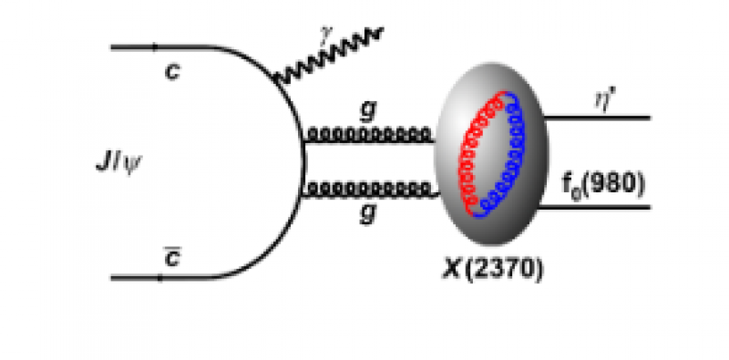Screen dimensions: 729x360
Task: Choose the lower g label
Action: pos(366,217)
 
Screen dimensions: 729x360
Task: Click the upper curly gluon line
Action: pos(369,136)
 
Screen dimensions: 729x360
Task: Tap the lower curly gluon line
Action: pos(369,190)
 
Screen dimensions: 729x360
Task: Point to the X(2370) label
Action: pos(493,271)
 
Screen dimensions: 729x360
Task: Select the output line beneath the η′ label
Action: pos(597,118)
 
